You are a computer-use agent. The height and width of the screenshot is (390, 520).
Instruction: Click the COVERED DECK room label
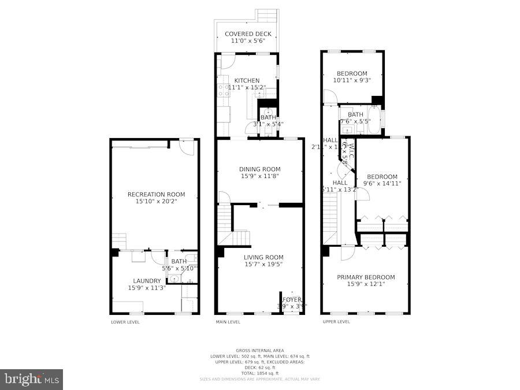point(247,34)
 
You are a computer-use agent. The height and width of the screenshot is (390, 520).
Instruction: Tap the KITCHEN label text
point(247,80)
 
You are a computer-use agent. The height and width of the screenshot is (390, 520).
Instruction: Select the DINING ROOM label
point(259,169)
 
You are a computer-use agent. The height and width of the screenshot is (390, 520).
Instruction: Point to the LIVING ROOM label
point(263,258)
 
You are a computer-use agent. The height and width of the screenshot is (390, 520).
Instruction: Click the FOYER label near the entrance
point(292,299)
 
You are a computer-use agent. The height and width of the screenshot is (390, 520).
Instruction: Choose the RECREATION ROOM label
point(156,195)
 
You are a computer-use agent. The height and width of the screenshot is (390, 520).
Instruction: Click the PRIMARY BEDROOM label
point(366,277)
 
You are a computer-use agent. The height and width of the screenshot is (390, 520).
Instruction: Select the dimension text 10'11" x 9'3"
point(352,81)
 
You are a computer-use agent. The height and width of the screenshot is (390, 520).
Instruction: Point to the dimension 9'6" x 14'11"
point(382,184)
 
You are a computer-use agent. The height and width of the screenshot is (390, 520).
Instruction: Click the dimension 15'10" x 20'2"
point(156,202)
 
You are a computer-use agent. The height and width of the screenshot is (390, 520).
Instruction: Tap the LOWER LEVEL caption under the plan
point(125,322)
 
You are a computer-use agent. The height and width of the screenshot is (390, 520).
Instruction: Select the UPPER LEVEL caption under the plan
point(336,322)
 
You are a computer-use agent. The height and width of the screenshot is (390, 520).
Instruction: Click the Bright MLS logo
point(32,379)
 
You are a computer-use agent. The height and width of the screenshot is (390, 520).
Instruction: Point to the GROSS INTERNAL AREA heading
point(259,351)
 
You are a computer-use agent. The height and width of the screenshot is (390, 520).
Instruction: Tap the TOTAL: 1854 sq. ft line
point(259,373)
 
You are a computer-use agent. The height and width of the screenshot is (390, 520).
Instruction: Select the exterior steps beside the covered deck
point(267,16)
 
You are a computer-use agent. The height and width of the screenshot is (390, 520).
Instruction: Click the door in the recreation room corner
point(187,147)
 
